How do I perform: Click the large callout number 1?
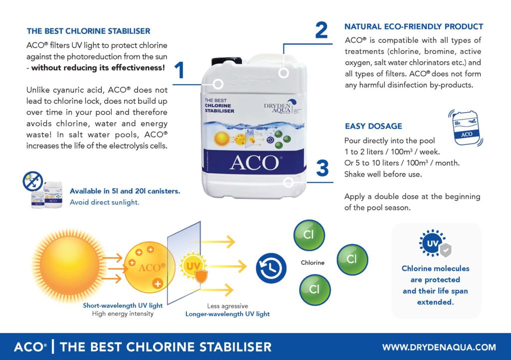pyautogui.click(x=180, y=70)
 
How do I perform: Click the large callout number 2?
pyautogui.click(x=321, y=30)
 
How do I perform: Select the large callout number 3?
pyautogui.click(x=322, y=168)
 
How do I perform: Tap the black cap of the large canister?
pyautogui.click(x=227, y=61)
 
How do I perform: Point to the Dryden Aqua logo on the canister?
pyautogui.click(x=280, y=106)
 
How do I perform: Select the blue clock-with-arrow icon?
pyautogui.click(x=271, y=268)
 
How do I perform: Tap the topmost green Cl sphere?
pyautogui.click(x=309, y=235)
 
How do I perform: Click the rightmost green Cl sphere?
pyautogui.click(x=352, y=259)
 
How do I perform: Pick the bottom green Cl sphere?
pyautogui.click(x=314, y=290)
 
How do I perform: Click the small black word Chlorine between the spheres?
pyautogui.click(x=312, y=263)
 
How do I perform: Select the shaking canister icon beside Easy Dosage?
pyautogui.click(x=466, y=127)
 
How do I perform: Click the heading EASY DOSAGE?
pyautogui.click(x=373, y=126)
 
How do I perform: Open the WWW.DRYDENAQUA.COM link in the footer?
pyautogui.click(x=439, y=348)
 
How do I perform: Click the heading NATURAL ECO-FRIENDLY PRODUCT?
pyautogui.click(x=414, y=27)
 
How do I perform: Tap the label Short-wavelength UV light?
pyautogui.click(x=123, y=305)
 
